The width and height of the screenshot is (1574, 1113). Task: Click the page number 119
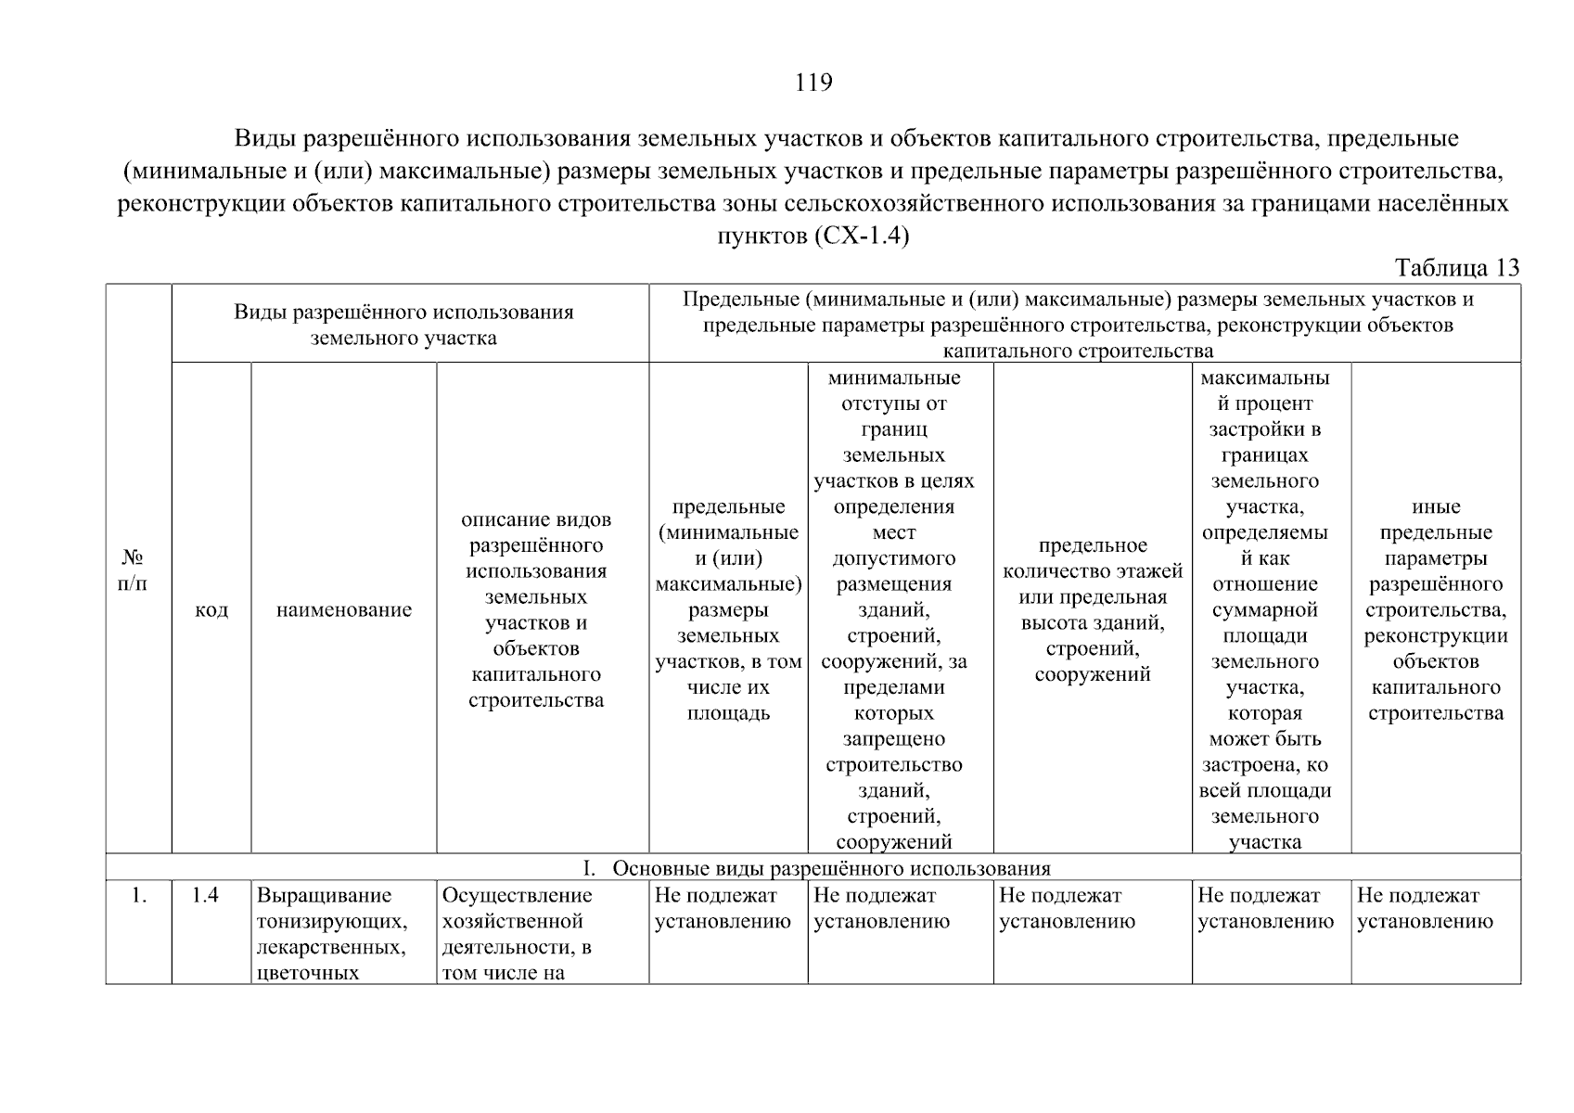pyautogui.click(x=813, y=83)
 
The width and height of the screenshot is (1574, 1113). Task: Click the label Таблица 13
pyautogui.click(x=1457, y=268)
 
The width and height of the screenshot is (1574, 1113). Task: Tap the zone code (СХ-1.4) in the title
pyautogui.click(x=861, y=237)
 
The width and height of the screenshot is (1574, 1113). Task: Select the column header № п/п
pyautogui.click(x=134, y=570)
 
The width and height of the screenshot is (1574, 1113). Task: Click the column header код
pyautogui.click(x=211, y=610)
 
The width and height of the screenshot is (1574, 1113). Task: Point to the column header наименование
pyautogui.click(x=344, y=610)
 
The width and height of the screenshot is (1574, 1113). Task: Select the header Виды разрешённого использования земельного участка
pyautogui.click(x=403, y=325)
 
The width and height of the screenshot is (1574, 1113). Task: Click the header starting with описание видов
pyautogui.click(x=536, y=609)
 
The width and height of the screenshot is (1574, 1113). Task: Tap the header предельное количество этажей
pyautogui.click(x=1092, y=609)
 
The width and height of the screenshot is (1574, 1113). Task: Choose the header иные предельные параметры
pyautogui.click(x=1435, y=609)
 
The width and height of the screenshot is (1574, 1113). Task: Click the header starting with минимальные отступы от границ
pyautogui.click(x=893, y=609)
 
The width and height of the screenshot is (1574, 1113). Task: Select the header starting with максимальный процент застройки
pyautogui.click(x=1264, y=609)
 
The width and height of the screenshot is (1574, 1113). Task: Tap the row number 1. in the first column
pyautogui.click(x=139, y=896)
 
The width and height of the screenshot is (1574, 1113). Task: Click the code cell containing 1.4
pyautogui.click(x=205, y=896)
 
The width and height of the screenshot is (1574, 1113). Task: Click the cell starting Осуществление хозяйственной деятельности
pyautogui.click(x=518, y=934)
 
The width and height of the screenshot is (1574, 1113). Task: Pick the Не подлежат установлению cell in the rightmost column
pyautogui.click(x=1425, y=908)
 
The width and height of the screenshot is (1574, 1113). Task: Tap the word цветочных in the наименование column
pyautogui.click(x=307, y=974)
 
